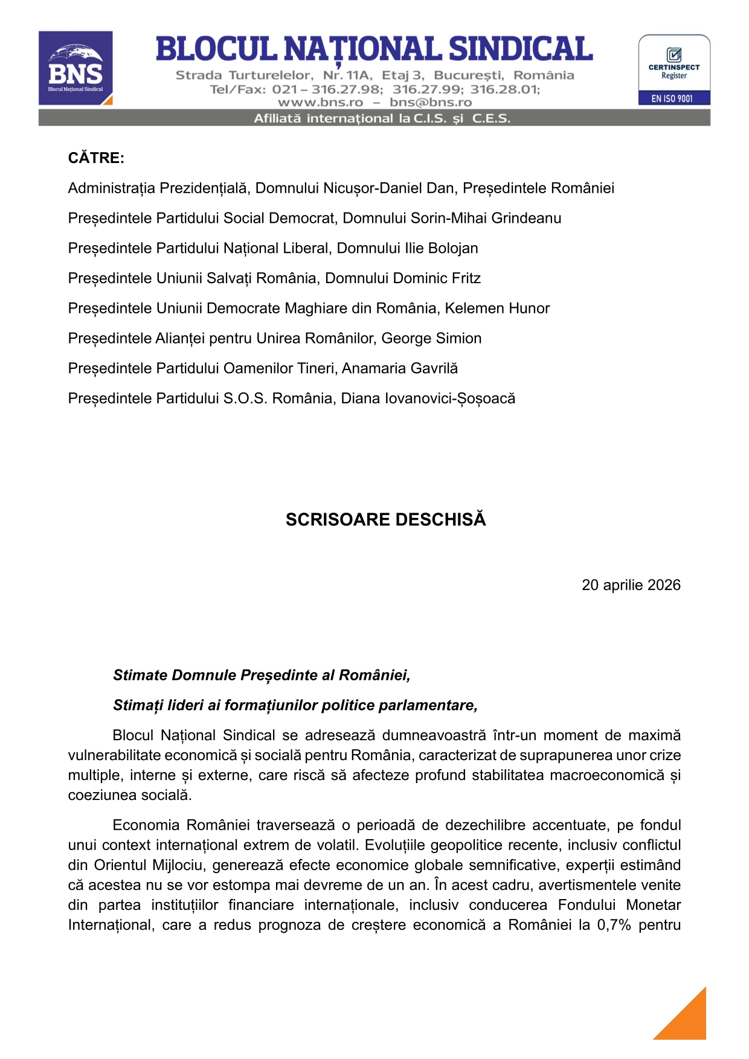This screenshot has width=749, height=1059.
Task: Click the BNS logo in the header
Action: coord(76,68)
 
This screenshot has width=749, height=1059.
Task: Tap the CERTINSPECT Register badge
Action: coord(674,69)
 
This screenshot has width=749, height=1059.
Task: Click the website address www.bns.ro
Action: coord(320,102)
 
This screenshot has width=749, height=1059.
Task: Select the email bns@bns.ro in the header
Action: coord(431,102)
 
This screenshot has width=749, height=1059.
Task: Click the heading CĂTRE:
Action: coord(96,158)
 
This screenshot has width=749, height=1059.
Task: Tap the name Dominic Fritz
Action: coord(437,278)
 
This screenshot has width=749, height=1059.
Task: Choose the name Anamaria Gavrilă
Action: coord(400,368)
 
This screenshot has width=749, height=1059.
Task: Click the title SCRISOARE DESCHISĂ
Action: coord(385,520)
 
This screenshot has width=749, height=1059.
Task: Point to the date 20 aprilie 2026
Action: coord(631,585)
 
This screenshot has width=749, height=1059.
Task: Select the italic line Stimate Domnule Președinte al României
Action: coord(262,675)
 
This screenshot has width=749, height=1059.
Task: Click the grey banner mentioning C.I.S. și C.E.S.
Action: coord(374,118)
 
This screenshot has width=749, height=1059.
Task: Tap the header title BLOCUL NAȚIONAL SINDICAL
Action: coord(374,50)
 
